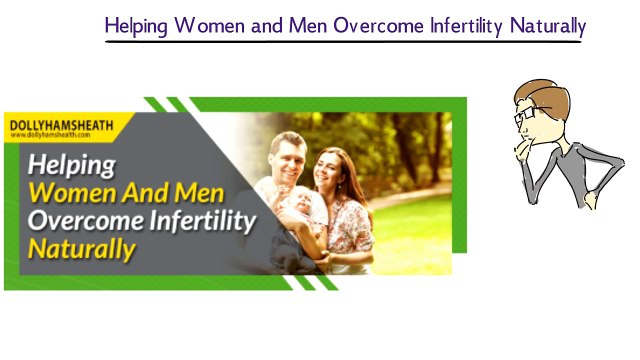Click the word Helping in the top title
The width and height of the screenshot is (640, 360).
click(x=138, y=25)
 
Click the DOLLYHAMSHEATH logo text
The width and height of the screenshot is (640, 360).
click(x=60, y=125)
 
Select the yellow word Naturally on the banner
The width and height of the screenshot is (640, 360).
click(x=81, y=247)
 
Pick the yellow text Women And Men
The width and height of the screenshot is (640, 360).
click(x=124, y=192)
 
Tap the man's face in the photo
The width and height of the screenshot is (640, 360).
click(x=289, y=158)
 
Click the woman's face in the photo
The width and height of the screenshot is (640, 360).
click(x=330, y=170)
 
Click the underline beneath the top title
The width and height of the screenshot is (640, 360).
click(x=344, y=42)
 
